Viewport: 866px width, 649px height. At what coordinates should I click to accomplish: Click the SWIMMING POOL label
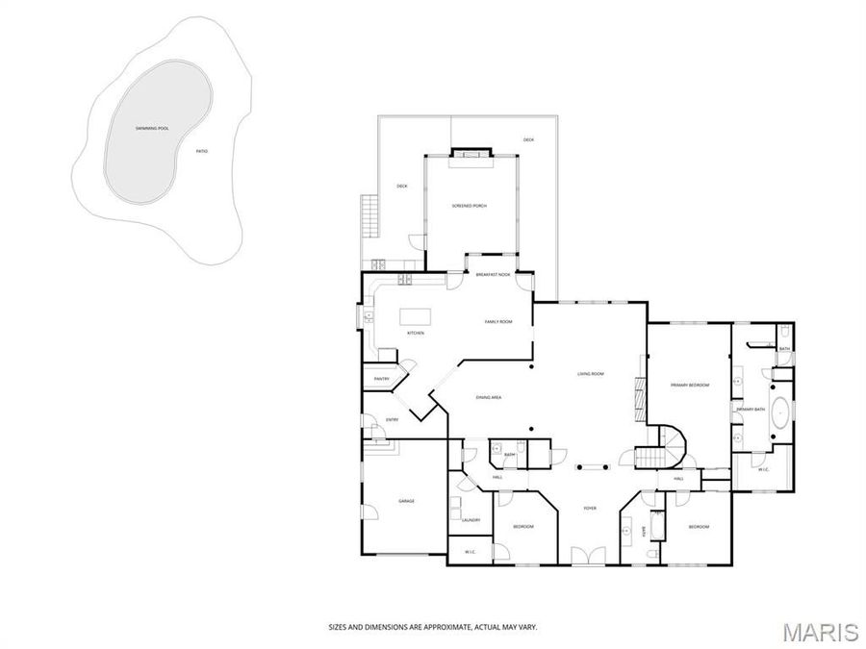pos(152,128)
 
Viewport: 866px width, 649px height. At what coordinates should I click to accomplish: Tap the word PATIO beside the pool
pos(201,151)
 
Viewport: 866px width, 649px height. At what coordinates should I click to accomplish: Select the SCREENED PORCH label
pos(470,207)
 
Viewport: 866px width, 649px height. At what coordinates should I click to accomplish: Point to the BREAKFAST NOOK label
pos(492,275)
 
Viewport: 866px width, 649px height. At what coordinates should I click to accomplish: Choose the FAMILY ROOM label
pos(497,321)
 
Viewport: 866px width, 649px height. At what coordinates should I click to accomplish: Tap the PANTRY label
pos(381,379)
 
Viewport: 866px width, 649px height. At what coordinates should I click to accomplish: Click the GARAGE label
pos(406,501)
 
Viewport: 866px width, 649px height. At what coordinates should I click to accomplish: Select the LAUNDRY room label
pos(471,520)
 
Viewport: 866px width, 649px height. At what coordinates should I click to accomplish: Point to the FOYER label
pos(591,508)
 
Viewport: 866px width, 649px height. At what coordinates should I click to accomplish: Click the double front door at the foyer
pos(583,556)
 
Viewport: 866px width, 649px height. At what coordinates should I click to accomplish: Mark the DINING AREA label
pos(488,397)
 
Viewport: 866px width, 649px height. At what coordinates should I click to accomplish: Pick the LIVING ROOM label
pos(590,374)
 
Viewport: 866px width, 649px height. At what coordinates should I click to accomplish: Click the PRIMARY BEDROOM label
pos(689,385)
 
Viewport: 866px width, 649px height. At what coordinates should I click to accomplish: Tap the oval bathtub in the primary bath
pos(781,415)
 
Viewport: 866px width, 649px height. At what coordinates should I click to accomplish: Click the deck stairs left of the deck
pos(367,216)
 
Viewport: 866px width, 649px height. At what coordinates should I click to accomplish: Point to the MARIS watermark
pos(820,632)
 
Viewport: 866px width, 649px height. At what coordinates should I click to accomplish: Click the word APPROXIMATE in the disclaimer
pos(439,627)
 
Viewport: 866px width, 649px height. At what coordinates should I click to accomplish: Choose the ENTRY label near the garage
pos(393,419)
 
